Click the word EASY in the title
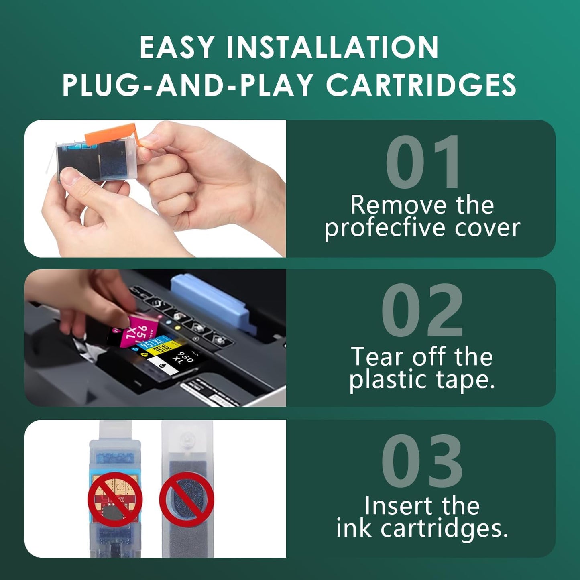click(x=176, y=48)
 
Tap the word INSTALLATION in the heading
click(x=332, y=48)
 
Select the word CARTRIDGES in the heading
click(x=421, y=85)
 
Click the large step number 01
click(x=422, y=163)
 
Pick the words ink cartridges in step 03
click(x=422, y=529)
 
